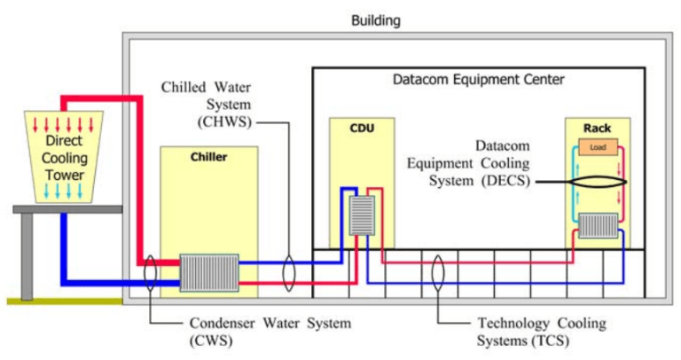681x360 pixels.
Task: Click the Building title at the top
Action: coord(376,19)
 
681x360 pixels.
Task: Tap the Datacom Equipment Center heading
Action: coord(479,80)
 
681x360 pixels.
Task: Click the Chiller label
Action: coord(209,158)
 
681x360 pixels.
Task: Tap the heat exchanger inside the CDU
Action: coord(361,214)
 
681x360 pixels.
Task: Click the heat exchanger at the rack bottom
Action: coord(599,226)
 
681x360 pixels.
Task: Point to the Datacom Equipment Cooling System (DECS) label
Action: coord(477,163)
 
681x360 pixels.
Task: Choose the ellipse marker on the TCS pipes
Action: coord(437,270)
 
